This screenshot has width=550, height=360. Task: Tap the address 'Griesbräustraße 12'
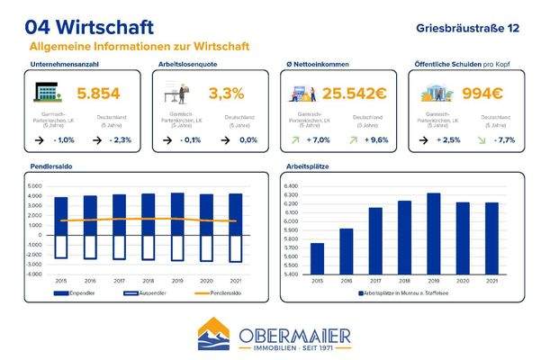[468, 28]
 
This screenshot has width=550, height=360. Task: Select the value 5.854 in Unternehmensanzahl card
[99, 94]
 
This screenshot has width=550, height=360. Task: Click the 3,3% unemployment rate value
[226, 94]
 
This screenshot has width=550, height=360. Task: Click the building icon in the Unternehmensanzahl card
[47, 93]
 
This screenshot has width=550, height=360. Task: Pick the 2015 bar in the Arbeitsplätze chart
[317, 259]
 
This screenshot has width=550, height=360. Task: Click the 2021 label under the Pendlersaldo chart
[236, 283]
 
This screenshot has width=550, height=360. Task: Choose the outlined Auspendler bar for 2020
[206, 247]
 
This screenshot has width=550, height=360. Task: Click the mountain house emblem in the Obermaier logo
[216, 336]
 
